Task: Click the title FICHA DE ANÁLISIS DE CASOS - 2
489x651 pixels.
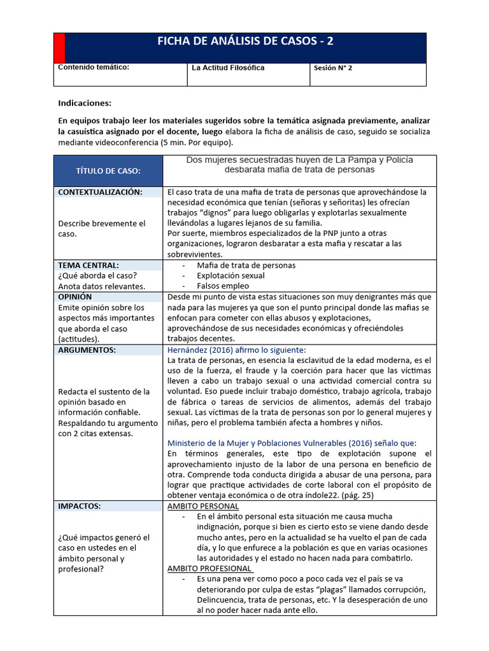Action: [245, 42]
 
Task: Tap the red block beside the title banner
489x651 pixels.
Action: [59, 48]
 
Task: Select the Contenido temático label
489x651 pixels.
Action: [94, 67]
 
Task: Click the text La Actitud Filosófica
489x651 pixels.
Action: [228, 67]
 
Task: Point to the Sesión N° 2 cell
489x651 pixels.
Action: [332, 67]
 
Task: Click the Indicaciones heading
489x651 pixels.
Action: [85, 103]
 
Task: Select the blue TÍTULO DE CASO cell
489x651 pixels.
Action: [108, 171]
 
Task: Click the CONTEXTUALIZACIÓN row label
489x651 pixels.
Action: [100, 192]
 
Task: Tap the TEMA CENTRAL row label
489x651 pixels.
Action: [89, 265]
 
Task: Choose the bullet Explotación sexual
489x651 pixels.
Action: [230, 276]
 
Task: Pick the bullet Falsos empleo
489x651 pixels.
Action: [223, 286]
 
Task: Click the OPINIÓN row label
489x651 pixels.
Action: [76, 297]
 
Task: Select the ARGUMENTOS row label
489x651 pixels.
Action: [87, 350]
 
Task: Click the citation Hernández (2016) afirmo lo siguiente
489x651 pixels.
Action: [236, 350]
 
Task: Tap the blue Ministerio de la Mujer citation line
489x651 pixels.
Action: [292, 443]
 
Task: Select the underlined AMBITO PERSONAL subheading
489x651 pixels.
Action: [202, 506]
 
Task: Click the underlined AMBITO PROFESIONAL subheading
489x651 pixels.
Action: [209, 568]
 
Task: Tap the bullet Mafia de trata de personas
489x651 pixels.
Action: [246, 265]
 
